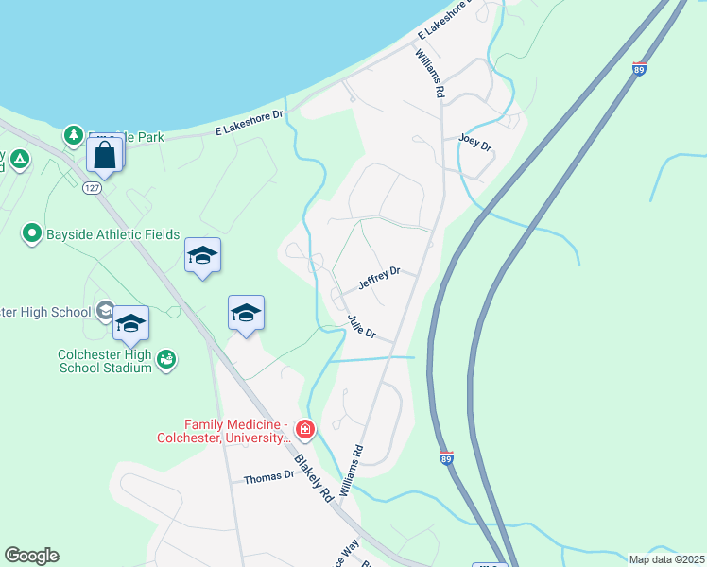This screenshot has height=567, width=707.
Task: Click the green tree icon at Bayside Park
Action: (74, 136)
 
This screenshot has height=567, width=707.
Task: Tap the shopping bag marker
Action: (105, 154)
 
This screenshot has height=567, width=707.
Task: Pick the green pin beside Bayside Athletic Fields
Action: (31, 232)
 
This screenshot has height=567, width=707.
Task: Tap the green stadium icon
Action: (166, 358)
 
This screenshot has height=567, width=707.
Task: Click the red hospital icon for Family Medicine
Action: (304, 431)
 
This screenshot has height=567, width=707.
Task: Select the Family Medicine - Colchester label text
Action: (223, 431)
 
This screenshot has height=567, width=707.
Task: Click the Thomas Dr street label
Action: (269, 478)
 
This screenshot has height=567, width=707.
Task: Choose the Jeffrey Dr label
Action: (379, 277)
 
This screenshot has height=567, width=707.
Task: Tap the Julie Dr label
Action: (361, 327)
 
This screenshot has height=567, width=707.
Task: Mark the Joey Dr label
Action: (475, 142)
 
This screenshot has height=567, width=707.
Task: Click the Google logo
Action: (31, 556)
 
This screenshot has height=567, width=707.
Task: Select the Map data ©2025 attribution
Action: (665, 559)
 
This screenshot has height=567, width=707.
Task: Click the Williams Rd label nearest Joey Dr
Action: (429, 76)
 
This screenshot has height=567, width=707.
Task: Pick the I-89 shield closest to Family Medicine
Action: (447, 457)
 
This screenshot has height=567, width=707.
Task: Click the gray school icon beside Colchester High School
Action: (106, 310)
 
